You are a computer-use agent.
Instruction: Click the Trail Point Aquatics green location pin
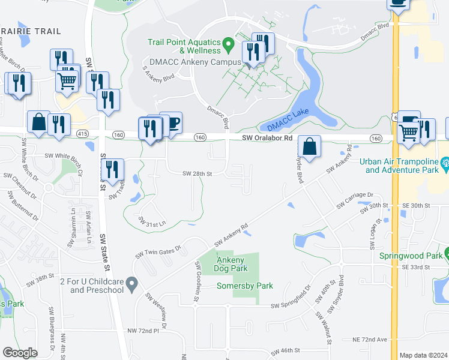228,44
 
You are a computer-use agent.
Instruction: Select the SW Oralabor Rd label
267,138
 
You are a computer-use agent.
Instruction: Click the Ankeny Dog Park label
231,264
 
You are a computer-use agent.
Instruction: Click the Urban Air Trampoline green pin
445,162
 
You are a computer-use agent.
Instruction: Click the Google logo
20,353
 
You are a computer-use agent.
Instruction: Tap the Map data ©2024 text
423,355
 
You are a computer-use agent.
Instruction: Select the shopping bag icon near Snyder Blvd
309,146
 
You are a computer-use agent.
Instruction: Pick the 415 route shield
83,133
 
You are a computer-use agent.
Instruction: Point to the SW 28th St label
198,174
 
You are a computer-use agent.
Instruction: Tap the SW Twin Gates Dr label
158,251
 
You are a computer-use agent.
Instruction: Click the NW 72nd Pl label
143,331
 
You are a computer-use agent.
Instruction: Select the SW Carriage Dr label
355,200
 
